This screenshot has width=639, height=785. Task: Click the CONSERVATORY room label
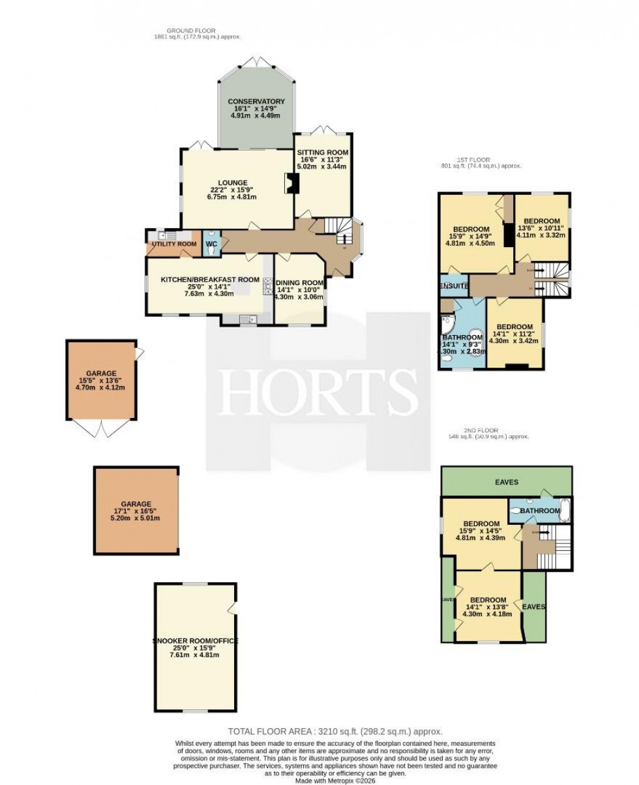coord(256,102)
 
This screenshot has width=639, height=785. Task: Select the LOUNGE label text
coord(233,183)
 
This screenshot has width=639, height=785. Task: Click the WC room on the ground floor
coord(211,244)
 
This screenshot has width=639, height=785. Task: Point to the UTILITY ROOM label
coord(174,244)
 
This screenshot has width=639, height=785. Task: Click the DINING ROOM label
coord(299,282)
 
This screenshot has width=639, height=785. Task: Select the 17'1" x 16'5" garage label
coord(136,504)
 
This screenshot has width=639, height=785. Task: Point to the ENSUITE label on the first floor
coord(454,286)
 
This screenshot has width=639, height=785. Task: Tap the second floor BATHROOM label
coord(540,511)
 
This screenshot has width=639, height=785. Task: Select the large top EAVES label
coord(506,482)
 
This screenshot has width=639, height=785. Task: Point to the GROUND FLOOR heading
coord(191,31)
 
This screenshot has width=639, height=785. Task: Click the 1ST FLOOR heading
coord(474,160)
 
